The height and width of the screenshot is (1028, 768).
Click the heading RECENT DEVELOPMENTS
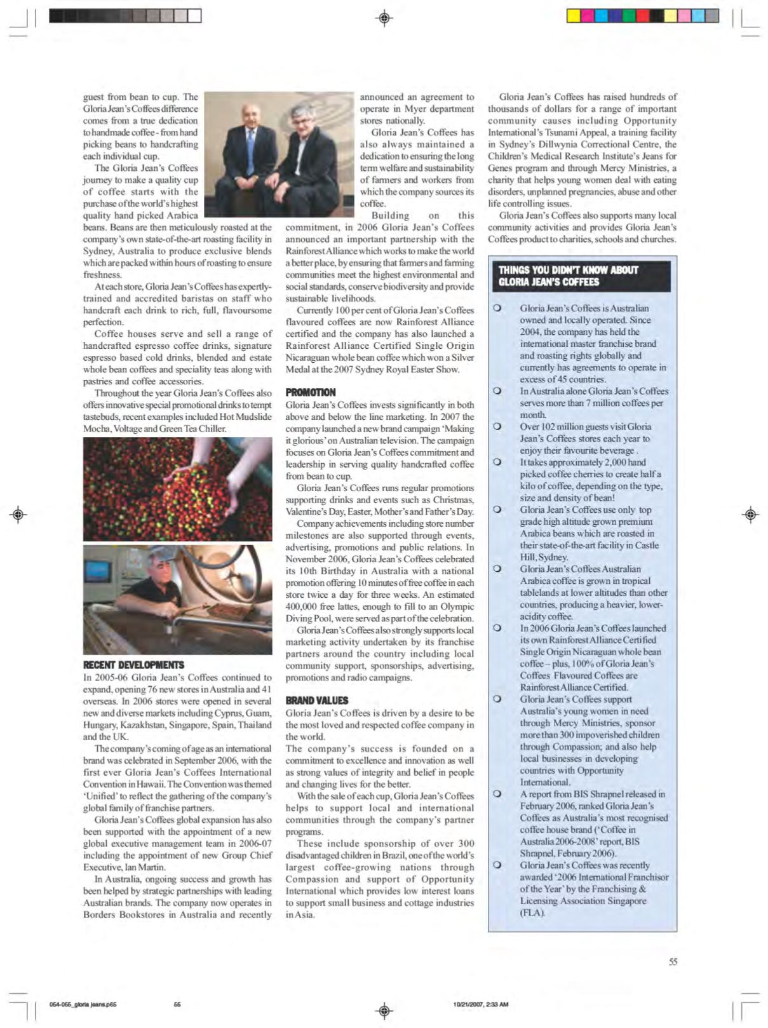pos(133,665)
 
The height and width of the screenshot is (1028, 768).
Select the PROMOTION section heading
pos(311,392)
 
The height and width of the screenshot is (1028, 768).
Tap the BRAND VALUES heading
pos(317,700)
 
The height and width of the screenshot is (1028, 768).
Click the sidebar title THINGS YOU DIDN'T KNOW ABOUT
pos(568,270)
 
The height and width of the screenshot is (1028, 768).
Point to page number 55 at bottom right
pos(673,962)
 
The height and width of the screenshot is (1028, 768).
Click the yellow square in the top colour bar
pos(573,16)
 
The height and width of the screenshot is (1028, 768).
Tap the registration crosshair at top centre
pos(384,18)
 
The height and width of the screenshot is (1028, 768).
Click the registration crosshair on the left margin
pos(18,514)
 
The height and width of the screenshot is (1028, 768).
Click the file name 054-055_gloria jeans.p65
pos(83,1004)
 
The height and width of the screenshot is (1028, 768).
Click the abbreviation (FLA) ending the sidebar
pos(532,912)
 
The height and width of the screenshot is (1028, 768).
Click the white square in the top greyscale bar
pos(194,16)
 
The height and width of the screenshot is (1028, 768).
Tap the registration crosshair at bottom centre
pos(384,1010)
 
